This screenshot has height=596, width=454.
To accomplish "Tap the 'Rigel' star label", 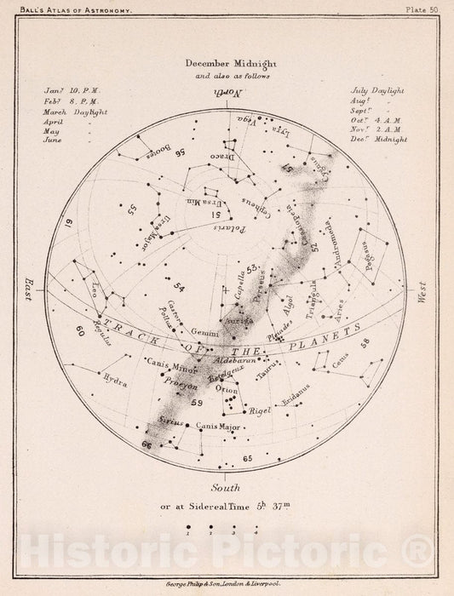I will [260, 410].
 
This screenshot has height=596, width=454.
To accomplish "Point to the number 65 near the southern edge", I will [248, 460].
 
